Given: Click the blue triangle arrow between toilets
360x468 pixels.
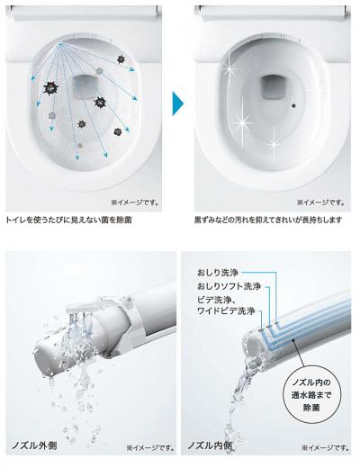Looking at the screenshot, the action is tap(177, 103).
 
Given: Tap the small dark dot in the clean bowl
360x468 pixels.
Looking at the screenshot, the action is tap(293, 105).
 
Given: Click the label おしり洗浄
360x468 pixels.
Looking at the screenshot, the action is tap(218, 273).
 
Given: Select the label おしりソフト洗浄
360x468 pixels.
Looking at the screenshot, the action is tap(229, 286).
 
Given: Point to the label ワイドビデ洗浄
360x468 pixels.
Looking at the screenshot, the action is tap(226, 310).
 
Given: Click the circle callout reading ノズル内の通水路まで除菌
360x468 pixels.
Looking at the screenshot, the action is tap(311, 394).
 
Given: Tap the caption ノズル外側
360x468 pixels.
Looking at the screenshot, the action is tap(34, 445).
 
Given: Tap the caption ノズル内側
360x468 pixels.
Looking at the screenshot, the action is tap(210, 445).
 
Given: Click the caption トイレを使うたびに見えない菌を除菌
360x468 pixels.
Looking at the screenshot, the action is tap(69, 220).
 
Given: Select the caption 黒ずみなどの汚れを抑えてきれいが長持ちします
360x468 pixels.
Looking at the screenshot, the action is tap(268, 220).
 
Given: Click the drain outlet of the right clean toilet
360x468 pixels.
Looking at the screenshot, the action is tap(274, 87).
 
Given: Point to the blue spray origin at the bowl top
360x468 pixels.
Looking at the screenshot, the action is tap(61, 44).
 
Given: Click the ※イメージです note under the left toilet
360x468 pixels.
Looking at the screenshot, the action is tap(135, 202).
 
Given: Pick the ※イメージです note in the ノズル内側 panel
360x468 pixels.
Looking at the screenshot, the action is tap(325, 448).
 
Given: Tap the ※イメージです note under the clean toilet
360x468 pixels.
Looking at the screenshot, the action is tap(320, 202).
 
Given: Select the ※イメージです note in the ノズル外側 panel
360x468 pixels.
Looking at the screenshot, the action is tap(150, 448).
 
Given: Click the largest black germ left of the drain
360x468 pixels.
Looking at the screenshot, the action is tap(50, 88).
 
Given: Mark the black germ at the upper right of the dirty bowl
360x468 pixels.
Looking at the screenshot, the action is tap(121, 59).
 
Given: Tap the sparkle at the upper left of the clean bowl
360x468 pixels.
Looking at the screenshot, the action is tap(229, 69).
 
